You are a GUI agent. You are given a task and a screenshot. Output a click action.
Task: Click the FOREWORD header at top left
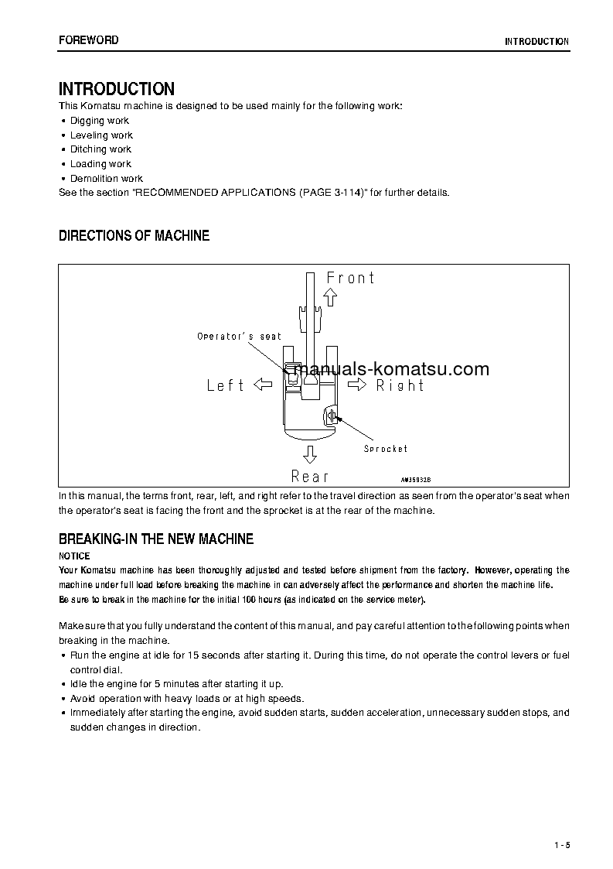(88, 40)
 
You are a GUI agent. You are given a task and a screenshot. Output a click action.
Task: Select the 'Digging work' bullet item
(99, 121)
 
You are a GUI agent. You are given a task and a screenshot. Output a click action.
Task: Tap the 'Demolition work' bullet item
(106, 179)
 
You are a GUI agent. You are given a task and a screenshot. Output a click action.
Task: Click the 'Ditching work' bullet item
(100, 149)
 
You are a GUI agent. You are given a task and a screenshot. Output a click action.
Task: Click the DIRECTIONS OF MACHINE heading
(134, 236)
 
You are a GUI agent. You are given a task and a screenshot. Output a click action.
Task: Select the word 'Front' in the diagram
(350, 278)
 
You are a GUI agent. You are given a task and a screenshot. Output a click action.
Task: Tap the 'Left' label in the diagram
(226, 385)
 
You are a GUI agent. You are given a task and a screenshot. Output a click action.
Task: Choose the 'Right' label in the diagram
(400, 385)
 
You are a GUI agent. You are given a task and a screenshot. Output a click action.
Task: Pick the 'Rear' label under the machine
(310, 476)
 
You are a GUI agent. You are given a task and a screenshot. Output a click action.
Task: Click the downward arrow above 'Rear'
(310, 453)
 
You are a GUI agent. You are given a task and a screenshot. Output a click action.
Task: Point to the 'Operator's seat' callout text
(239, 337)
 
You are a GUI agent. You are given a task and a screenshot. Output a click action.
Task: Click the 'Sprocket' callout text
(386, 449)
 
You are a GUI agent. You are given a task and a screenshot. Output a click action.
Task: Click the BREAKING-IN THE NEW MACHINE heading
(156, 539)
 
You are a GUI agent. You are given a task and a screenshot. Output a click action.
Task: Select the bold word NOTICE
(75, 556)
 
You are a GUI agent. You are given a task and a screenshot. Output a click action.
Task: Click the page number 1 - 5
(561, 844)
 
